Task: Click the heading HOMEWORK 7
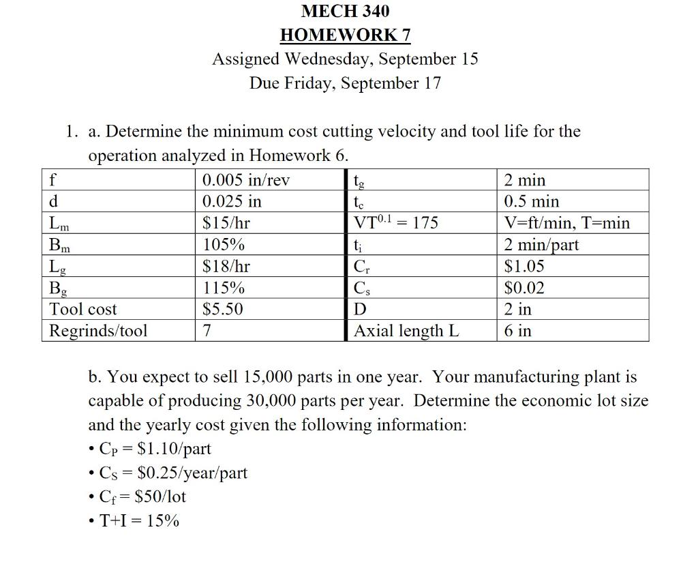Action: click(345, 35)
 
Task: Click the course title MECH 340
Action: click(345, 11)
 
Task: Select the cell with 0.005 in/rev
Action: click(246, 181)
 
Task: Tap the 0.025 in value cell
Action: click(232, 202)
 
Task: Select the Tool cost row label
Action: click(83, 309)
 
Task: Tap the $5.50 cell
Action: click(223, 309)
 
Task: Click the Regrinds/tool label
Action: click(98, 331)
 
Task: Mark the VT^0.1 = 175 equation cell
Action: click(396, 223)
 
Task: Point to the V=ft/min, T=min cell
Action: click(567, 223)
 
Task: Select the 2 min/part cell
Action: click(541, 245)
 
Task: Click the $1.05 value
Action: click(524, 266)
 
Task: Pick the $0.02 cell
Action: click(524, 288)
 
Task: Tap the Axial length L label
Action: click(406, 331)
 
